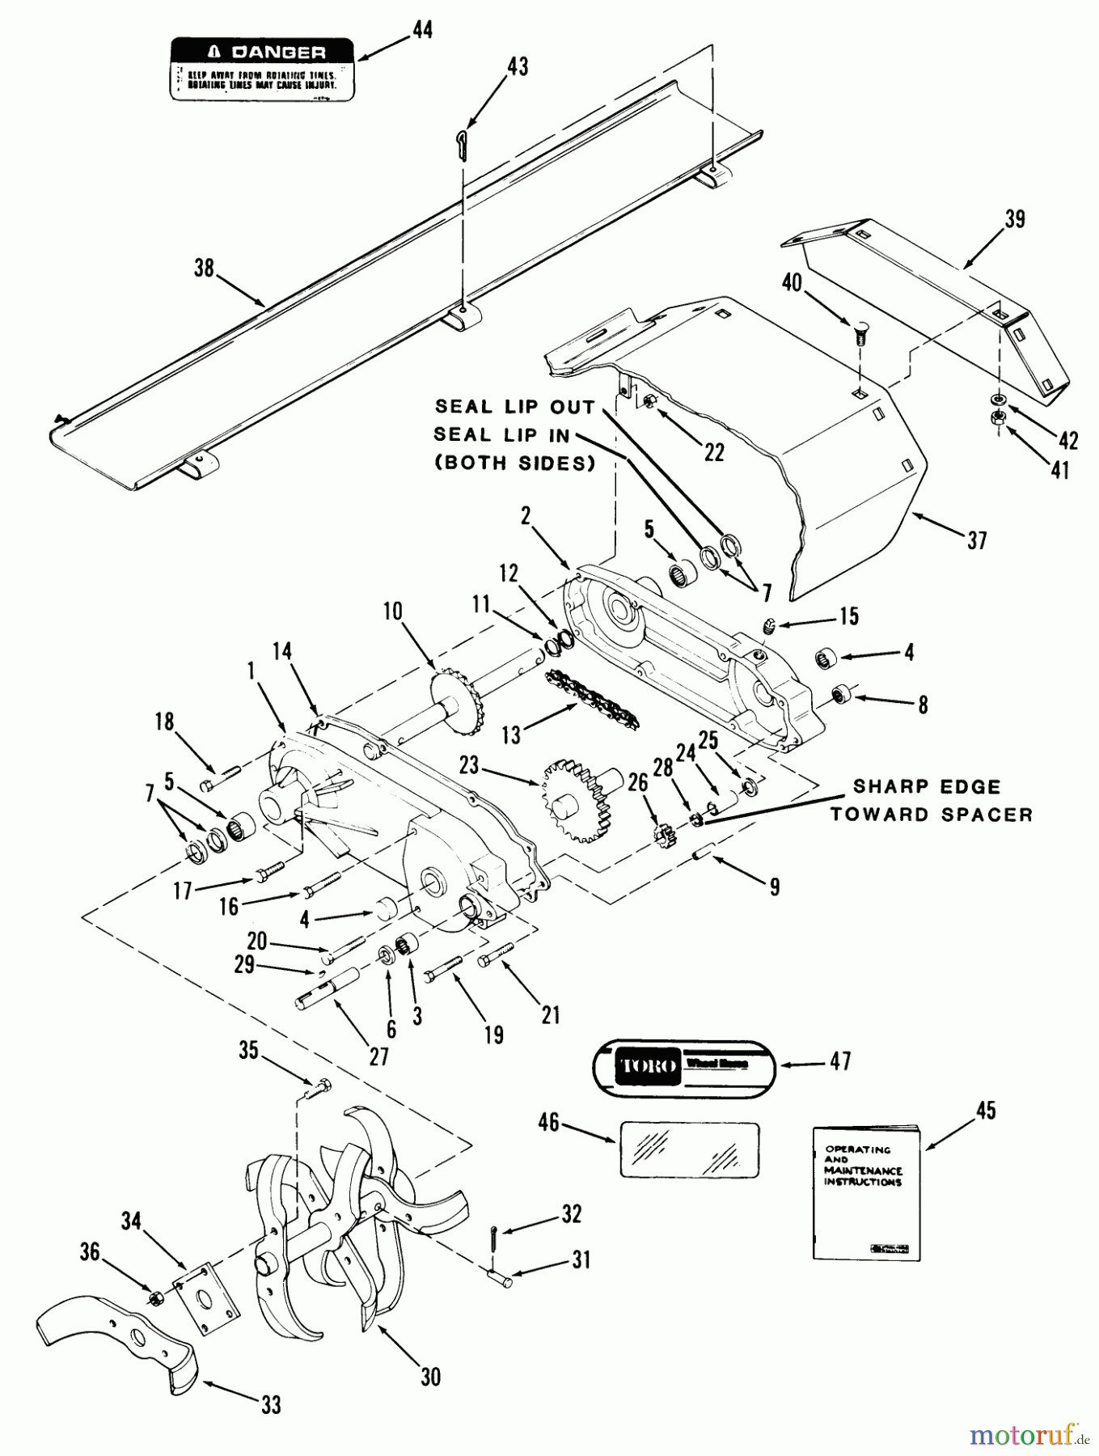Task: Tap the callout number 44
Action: pos(421,30)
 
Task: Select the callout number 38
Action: pos(204,268)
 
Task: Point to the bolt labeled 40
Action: pos(860,333)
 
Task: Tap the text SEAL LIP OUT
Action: pos(514,407)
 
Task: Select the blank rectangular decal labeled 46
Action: pos(689,1149)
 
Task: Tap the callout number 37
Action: pos(977,540)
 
